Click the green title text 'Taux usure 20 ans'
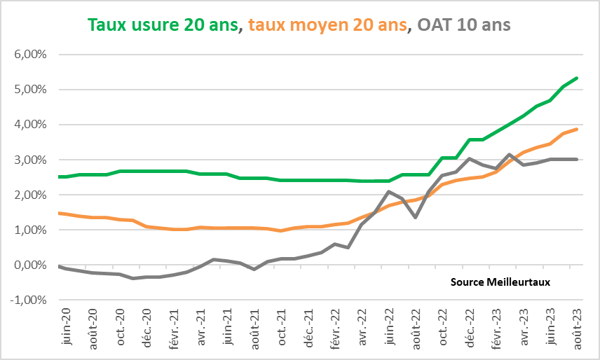[164, 25]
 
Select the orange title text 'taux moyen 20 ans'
[327, 25]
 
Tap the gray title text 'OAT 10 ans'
[463, 25]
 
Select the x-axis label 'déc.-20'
[147, 325]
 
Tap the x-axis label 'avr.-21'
[201, 325]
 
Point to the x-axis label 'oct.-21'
[281, 325]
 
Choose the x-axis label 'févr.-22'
[336, 326]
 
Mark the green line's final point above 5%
[577, 78]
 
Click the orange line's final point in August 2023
[577, 129]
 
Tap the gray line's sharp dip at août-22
[416, 217]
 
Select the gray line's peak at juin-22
[389, 191]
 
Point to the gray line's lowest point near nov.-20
[133, 278]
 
